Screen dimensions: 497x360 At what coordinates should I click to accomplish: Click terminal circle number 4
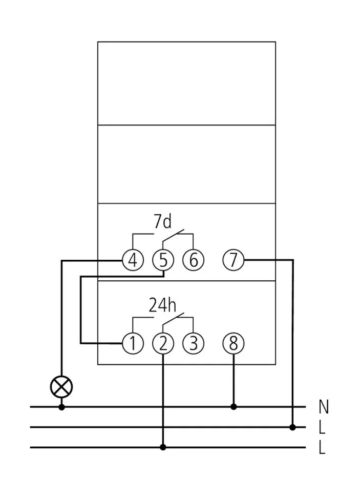coord(133,261)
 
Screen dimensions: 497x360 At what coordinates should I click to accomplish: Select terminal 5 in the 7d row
coord(163,261)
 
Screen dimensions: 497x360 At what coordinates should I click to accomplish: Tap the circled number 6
coord(193,261)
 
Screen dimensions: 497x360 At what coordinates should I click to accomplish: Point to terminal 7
coord(234,261)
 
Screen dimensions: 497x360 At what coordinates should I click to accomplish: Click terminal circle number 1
coord(133,344)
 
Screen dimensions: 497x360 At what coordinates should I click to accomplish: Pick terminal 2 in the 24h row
coord(163,344)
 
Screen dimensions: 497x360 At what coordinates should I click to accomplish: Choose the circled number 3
coord(193,344)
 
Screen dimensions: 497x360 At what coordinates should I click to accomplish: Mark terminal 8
coord(234,344)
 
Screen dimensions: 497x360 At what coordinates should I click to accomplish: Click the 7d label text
coord(162,222)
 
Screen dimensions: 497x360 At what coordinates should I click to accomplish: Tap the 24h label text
coord(162,305)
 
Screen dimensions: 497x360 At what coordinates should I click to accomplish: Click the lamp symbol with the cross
coord(61,386)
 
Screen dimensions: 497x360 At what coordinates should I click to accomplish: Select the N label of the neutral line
coord(324,407)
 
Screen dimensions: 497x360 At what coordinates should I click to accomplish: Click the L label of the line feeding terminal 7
coord(322,427)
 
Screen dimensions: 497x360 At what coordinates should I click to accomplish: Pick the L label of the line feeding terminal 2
coord(322,448)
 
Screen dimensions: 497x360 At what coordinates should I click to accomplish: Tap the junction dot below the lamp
coord(61,407)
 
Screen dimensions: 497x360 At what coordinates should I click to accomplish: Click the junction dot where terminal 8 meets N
coord(234,407)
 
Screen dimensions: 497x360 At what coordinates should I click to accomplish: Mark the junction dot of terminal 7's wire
coord(292,427)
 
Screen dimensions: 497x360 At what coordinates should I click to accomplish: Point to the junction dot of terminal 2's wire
coord(163,447)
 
